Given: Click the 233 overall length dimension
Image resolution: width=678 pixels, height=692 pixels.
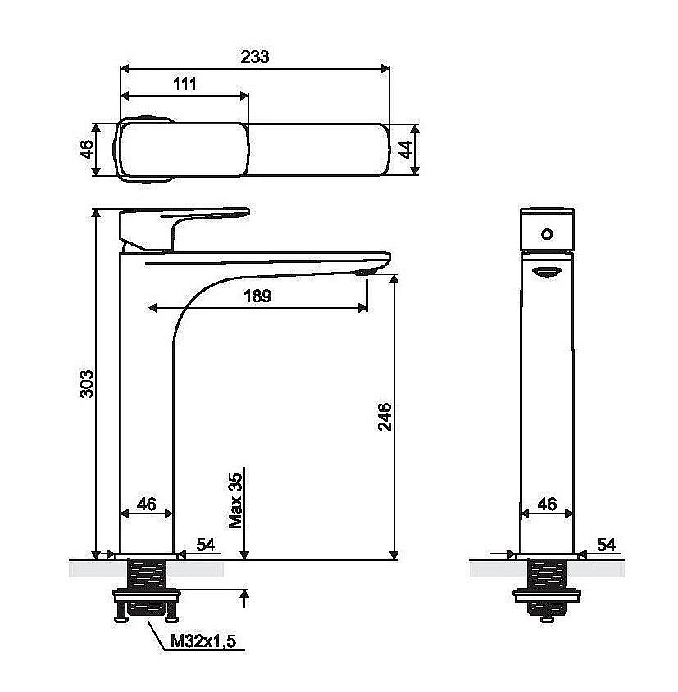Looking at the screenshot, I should coord(255,57).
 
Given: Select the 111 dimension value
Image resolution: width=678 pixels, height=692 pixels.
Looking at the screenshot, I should coord(184,84).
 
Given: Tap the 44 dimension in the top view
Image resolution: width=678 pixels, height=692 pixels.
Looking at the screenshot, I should coord(403,149).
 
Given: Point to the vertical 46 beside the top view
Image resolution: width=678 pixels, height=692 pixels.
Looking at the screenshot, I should coord(84,149).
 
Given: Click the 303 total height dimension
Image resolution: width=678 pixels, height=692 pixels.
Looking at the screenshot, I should coord(85,384).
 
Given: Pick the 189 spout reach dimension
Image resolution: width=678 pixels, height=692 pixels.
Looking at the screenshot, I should coord(257,296).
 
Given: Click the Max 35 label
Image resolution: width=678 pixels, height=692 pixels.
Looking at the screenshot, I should coord(235,500).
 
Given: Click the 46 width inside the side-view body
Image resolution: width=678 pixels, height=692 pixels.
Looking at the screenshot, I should coord(146,504).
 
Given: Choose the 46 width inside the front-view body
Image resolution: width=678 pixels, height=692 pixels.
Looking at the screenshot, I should coord(547,504).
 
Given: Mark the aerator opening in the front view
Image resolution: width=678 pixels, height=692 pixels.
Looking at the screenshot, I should coord(547,272).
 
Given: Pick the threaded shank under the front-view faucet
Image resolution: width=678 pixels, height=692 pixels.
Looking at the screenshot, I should coord(547,573).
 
